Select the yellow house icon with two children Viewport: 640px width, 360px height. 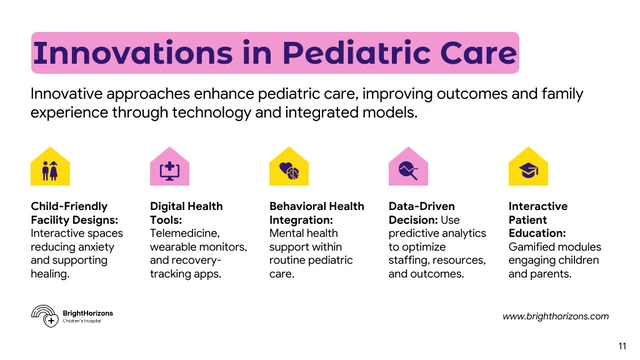[50, 167]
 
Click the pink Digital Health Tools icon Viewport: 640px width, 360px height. [169, 167]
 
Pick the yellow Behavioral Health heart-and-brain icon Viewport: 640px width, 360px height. [289, 167]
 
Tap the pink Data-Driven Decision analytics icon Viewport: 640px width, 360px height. [407, 167]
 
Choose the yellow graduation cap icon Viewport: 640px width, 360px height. [528, 167]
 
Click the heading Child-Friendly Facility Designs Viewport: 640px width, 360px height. [75, 213]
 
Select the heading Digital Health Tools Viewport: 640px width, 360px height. [186, 213]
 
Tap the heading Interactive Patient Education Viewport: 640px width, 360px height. [538, 219]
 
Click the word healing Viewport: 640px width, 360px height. [50, 273]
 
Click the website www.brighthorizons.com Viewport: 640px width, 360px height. [554, 316]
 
